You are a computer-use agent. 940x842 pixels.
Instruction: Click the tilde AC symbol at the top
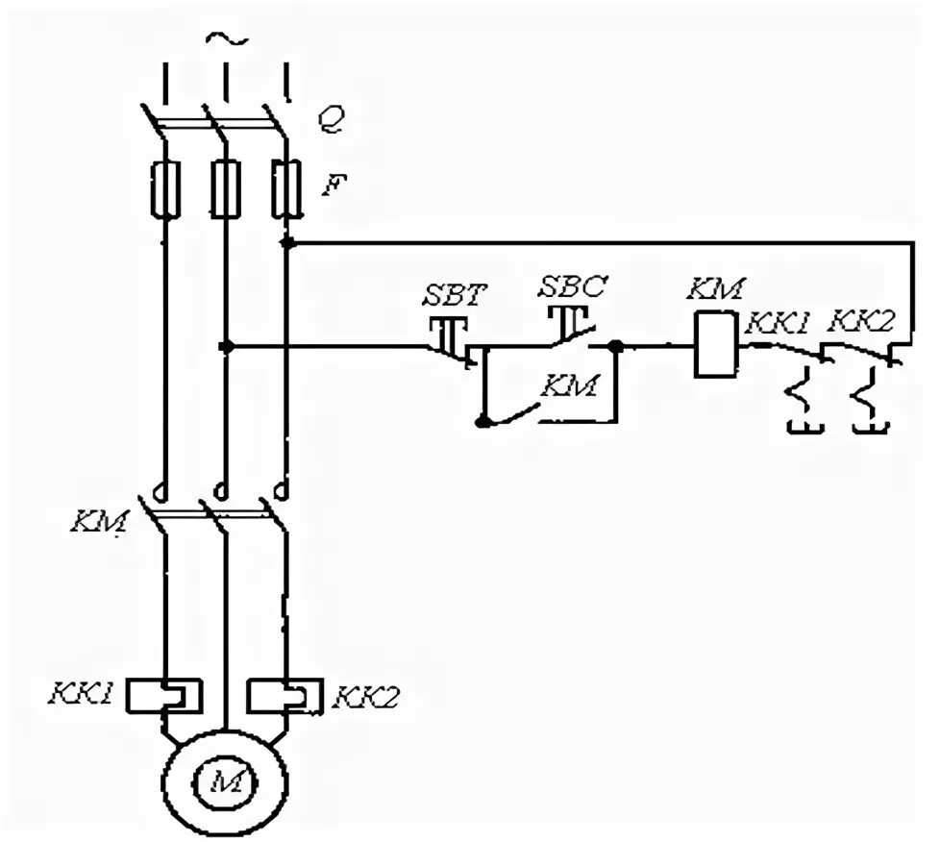227,39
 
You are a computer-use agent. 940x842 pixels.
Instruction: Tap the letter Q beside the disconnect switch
331,119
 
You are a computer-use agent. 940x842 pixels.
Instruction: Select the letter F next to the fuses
335,185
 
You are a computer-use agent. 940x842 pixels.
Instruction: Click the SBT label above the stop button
455,294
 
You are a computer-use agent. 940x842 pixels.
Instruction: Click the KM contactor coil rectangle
716,344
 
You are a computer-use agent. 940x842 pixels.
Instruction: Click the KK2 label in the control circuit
860,322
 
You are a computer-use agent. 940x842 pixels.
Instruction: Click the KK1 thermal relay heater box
163,696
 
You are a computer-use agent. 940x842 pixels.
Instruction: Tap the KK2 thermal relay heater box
286,696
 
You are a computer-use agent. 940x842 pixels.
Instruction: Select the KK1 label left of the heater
81,693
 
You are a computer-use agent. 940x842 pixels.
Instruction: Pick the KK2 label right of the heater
365,697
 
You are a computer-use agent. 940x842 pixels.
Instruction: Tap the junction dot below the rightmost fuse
287,242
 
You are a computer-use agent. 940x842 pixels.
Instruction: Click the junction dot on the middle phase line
226,346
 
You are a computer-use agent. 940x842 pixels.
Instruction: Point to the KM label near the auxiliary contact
570,385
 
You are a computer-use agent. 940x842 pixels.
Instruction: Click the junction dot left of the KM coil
615,346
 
